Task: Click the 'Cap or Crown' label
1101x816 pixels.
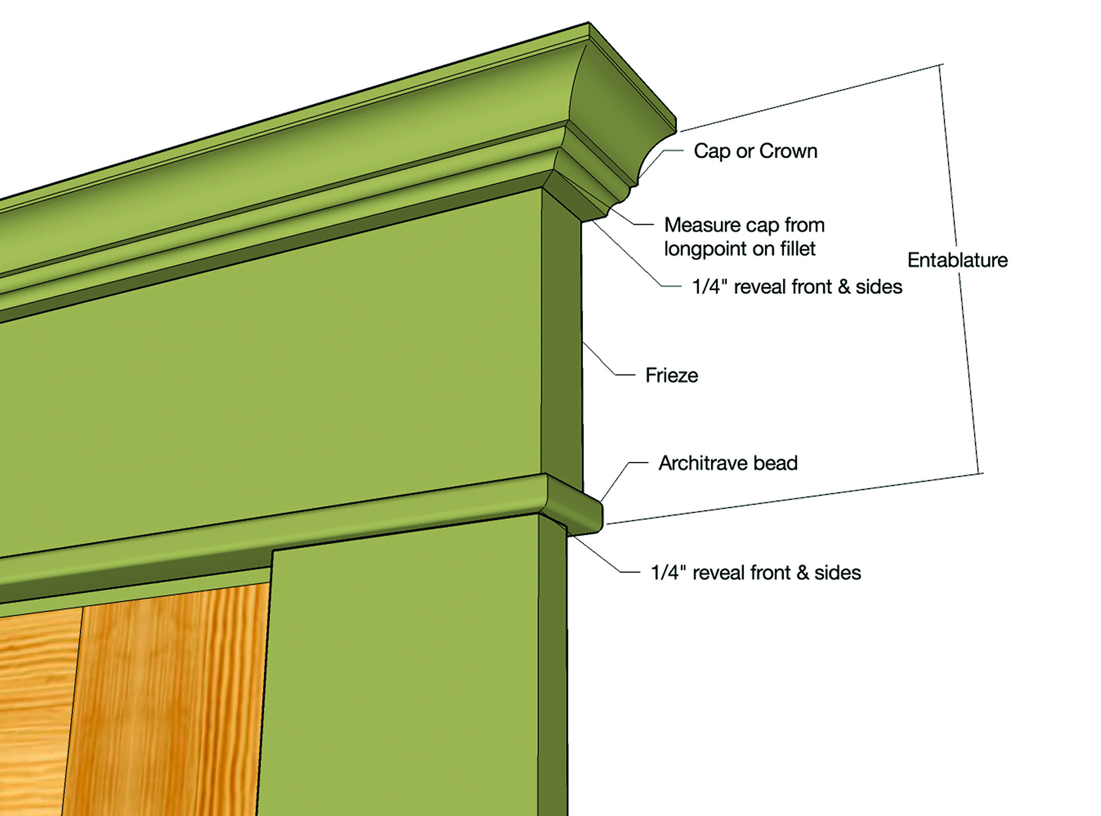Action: tap(755, 151)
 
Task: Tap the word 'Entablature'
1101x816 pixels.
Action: tap(957, 260)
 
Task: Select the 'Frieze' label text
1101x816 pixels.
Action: tap(672, 376)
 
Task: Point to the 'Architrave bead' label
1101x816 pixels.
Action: tap(728, 463)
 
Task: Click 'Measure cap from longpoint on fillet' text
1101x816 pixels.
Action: tap(744, 236)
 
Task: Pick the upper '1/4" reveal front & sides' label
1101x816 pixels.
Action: tap(797, 287)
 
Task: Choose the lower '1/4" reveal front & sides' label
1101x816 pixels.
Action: tap(756, 573)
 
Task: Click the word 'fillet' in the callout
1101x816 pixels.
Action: tap(797, 249)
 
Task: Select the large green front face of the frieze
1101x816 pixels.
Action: tap(290, 394)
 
